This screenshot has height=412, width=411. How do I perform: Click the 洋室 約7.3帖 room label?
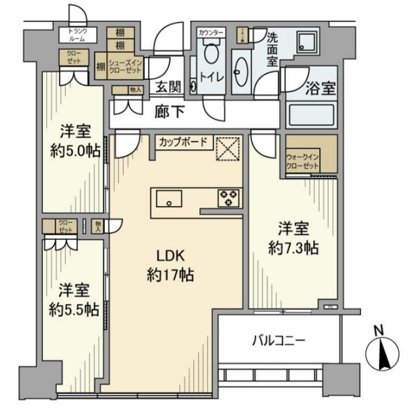[x=293, y=238]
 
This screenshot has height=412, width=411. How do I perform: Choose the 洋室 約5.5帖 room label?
[x=73, y=300]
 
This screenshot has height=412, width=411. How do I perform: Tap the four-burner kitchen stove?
[x=228, y=197]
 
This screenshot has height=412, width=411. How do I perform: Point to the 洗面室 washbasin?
[x=242, y=75]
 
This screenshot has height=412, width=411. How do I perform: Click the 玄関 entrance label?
[x=168, y=87]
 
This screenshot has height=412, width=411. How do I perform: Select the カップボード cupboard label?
[x=184, y=142]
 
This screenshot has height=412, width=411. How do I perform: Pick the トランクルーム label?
[x=78, y=34]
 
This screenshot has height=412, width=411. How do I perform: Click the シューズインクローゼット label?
[x=125, y=66]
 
